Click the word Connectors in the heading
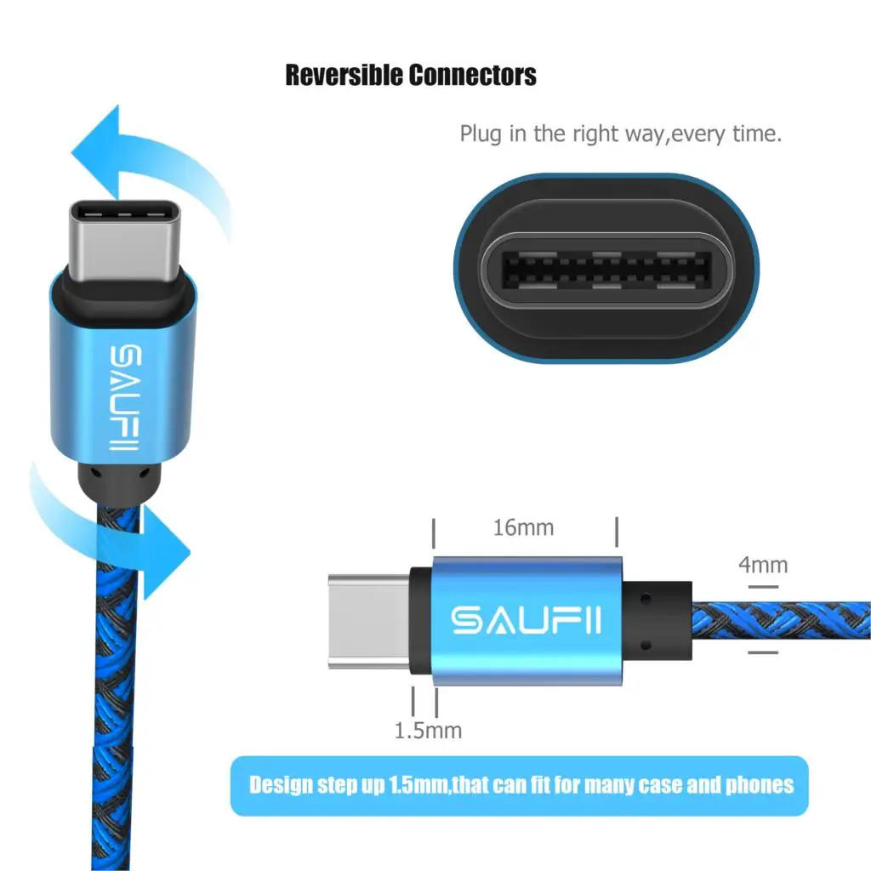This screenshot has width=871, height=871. pyautogui.click(x=472, y=75)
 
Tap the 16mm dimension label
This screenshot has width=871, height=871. pyautogui.click(x=523, y=528)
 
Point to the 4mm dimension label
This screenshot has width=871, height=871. pyautogui.click(x=762, y=565)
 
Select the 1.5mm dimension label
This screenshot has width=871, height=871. pyautogui.click(x=428, y=730)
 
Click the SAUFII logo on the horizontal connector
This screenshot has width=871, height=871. pyautogui.click(x=527, y=620)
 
